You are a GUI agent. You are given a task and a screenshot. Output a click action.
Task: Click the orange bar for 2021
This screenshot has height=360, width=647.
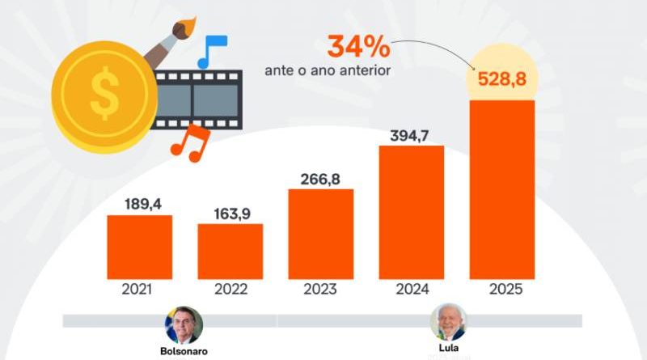pyautogui.click(x=139, y=246)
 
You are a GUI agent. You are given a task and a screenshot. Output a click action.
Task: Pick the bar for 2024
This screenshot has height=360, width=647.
pyautogui.click(x=412, y=211)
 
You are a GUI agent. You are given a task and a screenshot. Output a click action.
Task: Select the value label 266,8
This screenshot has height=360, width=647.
pyautogui.click(x=321, y=177)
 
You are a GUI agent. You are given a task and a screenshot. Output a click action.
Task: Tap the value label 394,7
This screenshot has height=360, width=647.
pyautogui.click(x=412, y=133)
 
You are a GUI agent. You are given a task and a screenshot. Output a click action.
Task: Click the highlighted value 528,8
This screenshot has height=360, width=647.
pyautogui.click(x=502, y=80)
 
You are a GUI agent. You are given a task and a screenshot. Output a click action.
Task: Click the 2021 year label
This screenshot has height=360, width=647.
pyautogui.click(x=139, y=289)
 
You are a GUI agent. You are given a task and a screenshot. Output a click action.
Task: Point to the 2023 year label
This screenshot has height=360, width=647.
pyautogui.click(x=321, y=289)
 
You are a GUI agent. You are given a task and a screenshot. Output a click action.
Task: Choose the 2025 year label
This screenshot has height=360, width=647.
pyautogui.click(x=502, y=289)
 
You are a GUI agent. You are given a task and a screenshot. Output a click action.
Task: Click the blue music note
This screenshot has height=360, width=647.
pyautogui.click(x=212, y=50)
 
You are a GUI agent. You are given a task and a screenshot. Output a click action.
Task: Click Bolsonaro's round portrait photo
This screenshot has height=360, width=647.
pyautogui.click(x=184, y=324)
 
